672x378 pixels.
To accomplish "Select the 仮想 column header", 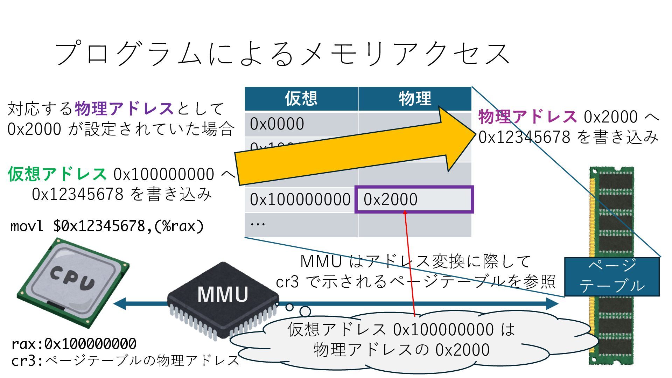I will [301, 98].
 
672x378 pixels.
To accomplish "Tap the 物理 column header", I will [415, 98].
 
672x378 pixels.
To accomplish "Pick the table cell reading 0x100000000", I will [300, 199].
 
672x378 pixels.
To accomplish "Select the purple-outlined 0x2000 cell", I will [414, 199].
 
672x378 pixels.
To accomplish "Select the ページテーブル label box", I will [612, 277].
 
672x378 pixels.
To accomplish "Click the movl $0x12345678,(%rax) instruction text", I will [107, 226].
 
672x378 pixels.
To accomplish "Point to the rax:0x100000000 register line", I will [74, 344].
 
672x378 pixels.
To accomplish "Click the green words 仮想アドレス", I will [57, 174].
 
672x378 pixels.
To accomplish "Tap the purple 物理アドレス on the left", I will [124, 108].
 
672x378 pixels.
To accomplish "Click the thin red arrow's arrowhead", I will [405, 212].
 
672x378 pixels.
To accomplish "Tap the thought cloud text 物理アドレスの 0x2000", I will [401, 350].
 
